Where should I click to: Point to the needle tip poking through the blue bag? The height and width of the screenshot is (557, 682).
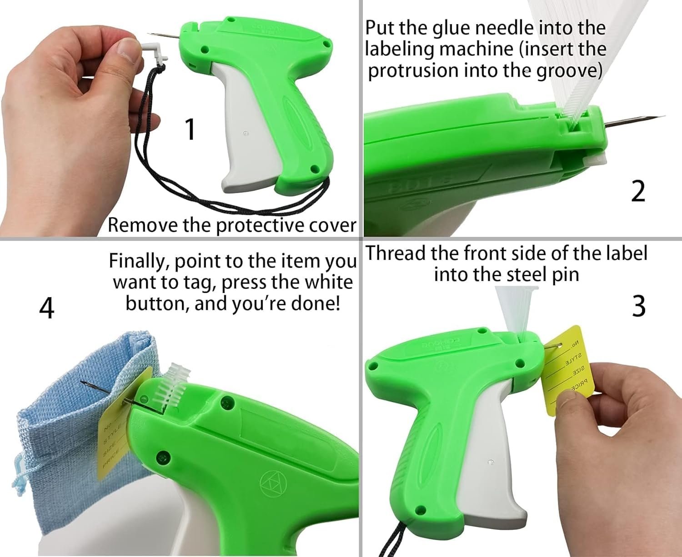pos(84,384)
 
